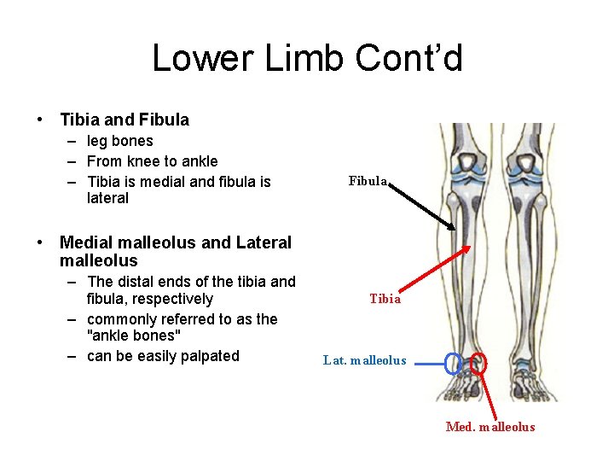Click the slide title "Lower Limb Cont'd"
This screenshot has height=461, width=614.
(307, 58)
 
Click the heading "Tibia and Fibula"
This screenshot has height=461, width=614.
(125, 120)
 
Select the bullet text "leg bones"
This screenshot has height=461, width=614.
(119, 141)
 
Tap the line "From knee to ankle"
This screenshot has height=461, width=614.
(152, 161)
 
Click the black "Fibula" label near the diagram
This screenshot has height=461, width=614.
(368, 181)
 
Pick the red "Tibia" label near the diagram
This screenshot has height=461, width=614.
(385, 299)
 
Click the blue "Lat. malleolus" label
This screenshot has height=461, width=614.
(365, 360)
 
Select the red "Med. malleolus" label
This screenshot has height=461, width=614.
(490, 427)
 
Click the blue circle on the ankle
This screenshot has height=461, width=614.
(452, 364)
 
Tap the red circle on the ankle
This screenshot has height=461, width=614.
(478, 364)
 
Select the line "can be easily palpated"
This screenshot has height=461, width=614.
(163, 356)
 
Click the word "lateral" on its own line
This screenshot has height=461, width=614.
(107, 198)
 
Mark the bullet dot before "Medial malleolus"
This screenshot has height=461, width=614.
(40, 242)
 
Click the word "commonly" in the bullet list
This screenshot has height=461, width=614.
(119, 319)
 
